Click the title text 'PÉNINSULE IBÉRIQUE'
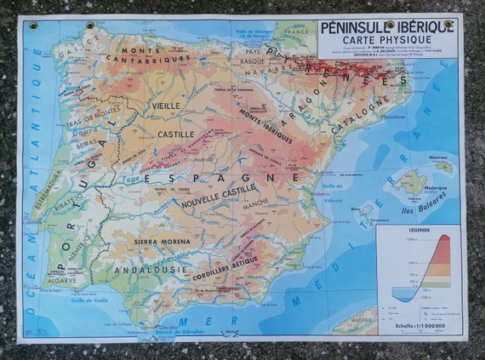(388, 26)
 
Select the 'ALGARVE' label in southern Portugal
(61, 278)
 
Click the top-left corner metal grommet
(34, 26)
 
